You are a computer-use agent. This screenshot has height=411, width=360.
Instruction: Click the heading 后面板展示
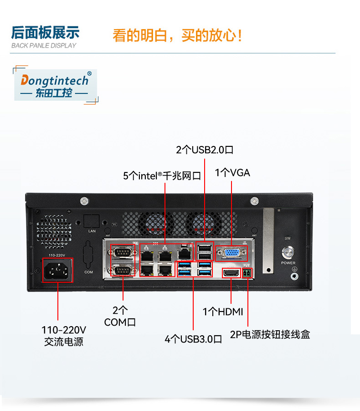[45, 32]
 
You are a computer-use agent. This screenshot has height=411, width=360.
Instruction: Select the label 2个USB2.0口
[205, 150]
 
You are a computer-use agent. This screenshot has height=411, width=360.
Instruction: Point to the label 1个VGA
[232, 173]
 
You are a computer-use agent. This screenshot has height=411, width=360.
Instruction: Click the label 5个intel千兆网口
[162, 176]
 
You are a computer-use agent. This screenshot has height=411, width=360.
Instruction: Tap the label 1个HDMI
[223, 312]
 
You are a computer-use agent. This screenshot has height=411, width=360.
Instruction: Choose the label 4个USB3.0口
[193, 339]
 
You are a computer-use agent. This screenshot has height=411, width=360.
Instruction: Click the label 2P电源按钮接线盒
[270, 334]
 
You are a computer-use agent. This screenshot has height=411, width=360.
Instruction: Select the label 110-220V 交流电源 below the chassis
[64, 335]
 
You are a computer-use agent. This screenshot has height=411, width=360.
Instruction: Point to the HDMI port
[231, 273]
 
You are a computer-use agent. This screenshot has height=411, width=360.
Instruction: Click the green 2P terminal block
[247, 273]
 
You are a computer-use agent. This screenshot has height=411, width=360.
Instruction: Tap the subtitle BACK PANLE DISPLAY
[44, 46]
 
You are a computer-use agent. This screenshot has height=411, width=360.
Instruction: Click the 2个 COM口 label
[120, 316]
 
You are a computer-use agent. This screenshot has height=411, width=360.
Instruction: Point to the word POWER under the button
[288, 263]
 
